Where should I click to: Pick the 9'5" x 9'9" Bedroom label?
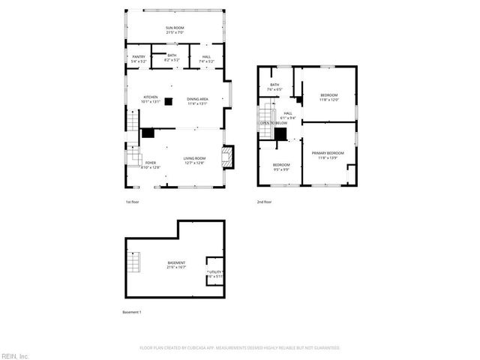(281, 166)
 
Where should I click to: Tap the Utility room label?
(215, 274)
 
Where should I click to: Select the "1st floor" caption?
(132, 202)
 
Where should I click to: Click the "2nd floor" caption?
(264, 202)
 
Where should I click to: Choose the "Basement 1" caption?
(132, 312)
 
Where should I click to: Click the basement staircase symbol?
(134, 263)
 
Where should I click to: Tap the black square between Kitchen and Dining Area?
(169, 100)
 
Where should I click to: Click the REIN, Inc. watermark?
(14, 355)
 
